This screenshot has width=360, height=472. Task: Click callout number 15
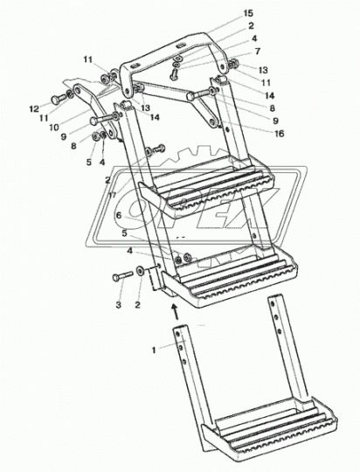coord(248,13)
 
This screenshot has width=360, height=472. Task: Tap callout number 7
coord(258,52)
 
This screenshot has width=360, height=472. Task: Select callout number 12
coord(34,108)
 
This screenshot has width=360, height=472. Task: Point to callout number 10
coord(54,127)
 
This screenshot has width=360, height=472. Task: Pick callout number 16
coord(280,133)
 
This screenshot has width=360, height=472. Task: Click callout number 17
coord(113,195)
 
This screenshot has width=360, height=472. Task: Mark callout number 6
coord(119,215)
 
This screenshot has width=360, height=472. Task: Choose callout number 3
coord(119,305)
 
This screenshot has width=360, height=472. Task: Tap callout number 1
coord(154,351)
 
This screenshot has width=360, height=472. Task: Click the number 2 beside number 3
coord(137,305)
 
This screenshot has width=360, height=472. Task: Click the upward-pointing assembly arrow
coord(174,311)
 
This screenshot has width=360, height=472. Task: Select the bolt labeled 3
coord(122,275)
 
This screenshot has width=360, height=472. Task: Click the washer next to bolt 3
coord(140,271)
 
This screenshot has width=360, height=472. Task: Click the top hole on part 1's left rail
coord(178,334)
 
